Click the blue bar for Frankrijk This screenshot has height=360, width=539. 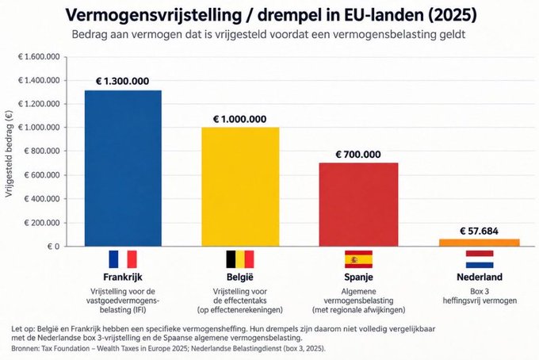(123, 168)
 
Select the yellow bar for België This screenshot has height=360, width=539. (240, 186)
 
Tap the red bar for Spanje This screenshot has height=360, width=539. (358, 205)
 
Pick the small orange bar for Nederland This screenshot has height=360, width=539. (480, 243)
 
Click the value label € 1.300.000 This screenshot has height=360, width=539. (122, 81)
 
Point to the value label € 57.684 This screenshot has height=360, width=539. (480, 231)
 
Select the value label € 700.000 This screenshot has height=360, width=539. (358, 155)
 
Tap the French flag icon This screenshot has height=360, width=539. (123, 259)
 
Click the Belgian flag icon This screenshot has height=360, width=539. (240, 259)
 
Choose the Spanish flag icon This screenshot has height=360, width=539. (358, 259)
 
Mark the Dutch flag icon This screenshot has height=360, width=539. (480, 259)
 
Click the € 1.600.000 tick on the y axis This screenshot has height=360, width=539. (39, 57)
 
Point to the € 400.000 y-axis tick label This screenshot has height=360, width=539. (41, 199)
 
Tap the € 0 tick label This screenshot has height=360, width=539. (53, 247)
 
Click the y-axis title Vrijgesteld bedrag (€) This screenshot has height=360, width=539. (9, 154)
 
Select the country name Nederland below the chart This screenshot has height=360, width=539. (480, 277)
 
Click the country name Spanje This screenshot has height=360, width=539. (358, 277)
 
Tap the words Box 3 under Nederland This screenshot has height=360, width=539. (480, 292)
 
